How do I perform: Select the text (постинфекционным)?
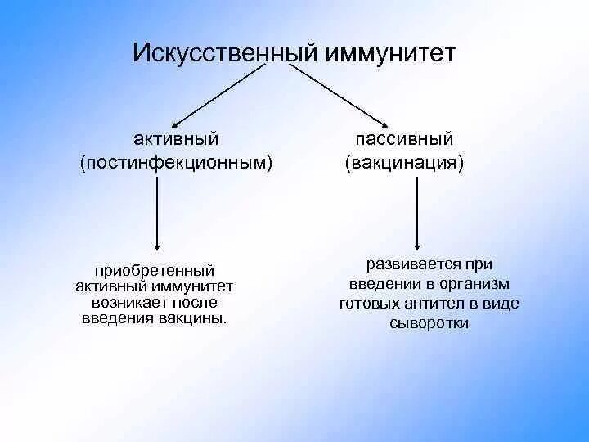point(176,163)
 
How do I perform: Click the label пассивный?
point(404,139)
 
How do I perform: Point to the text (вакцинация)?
point(404,163)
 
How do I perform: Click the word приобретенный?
point(155,270)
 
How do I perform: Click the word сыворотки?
point(429,322)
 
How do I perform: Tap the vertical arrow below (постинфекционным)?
point(157,214)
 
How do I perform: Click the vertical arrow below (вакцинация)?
point(418,213)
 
